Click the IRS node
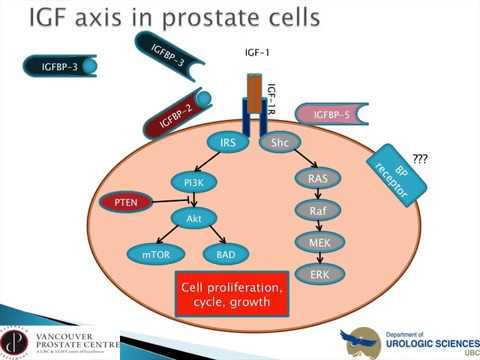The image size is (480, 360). pos(227,144)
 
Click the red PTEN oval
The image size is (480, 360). pos(126,203)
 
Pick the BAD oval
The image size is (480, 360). pos(225,255)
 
